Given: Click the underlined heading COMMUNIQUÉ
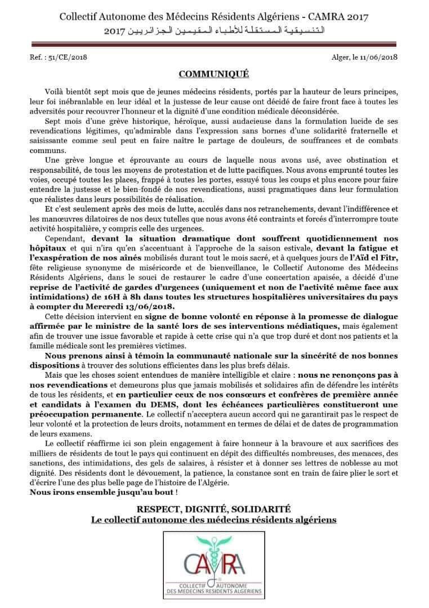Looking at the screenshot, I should pos(213,74).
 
